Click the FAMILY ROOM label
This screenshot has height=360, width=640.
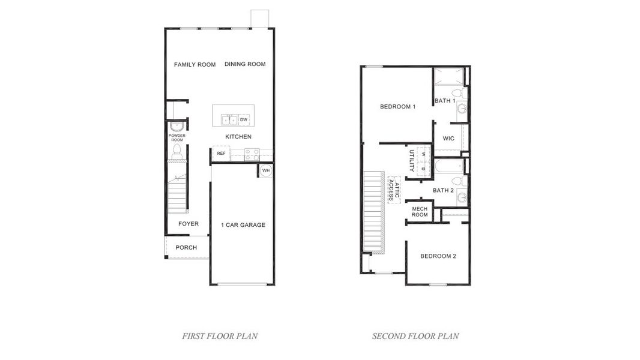[195, 65]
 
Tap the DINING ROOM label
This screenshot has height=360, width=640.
[245, 64]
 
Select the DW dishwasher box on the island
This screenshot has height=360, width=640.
[244, 120]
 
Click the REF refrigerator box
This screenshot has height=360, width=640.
[221, 154]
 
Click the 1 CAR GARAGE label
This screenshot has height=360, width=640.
[243, 225]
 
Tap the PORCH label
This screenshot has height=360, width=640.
[186, 248]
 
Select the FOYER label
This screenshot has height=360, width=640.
[188, 224]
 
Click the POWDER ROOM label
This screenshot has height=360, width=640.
[177, 138]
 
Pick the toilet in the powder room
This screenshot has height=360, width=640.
[177, 152]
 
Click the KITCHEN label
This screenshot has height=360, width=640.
[238, 137]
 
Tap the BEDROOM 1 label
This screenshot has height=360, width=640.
[397, 107]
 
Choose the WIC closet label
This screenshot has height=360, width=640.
[448, 139]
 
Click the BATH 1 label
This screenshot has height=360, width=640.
[445, 101]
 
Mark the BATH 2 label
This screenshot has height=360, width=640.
[443, 190]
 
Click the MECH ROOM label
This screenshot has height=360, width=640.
[420, 212]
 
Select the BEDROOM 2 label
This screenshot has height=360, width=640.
[438, 256]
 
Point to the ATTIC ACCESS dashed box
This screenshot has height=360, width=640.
[394, 190]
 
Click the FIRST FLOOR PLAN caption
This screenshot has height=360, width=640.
[220, 336]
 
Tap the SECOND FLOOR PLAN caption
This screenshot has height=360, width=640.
[415, 336]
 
